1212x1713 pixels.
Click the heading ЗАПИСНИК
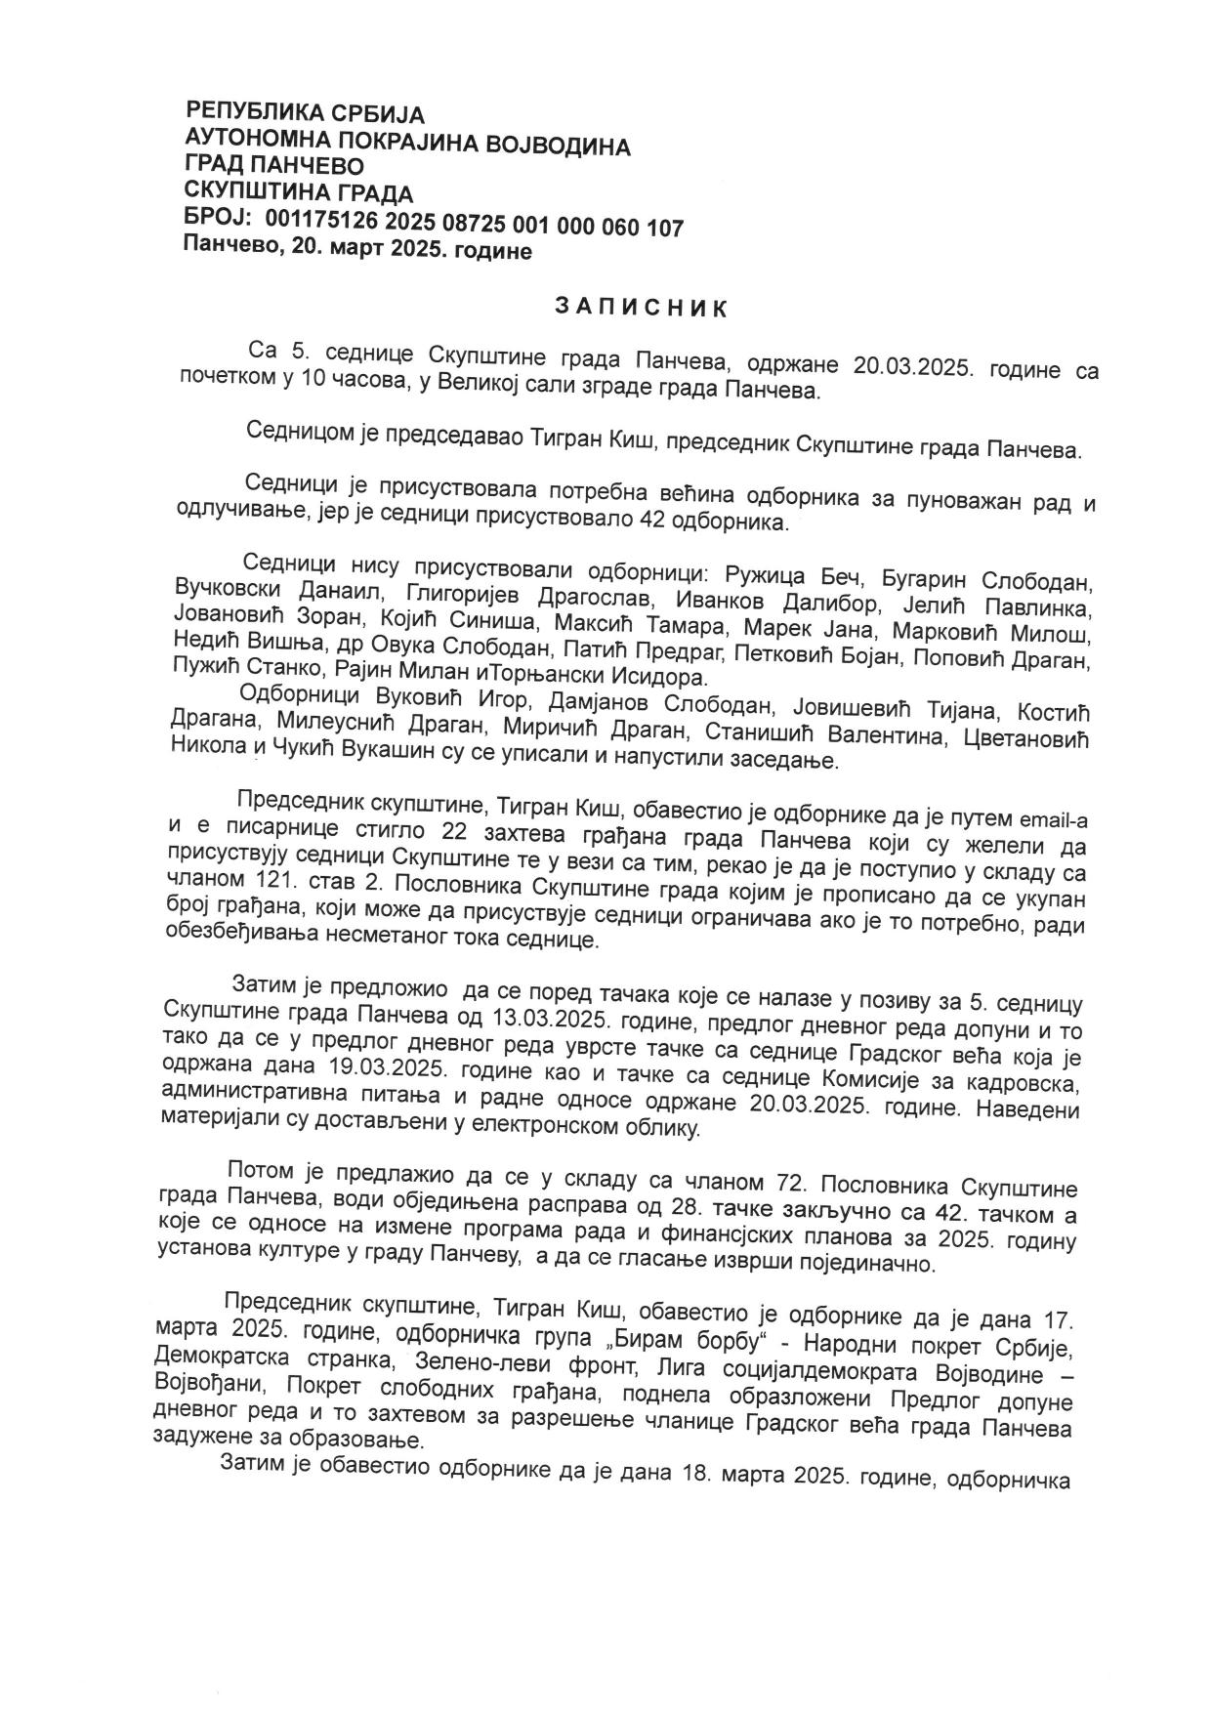click(x=641, y=308)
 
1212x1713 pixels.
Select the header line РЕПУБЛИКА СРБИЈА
click(x=305, y=113)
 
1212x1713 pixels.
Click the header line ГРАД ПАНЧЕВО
click(x=274, y=167)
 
